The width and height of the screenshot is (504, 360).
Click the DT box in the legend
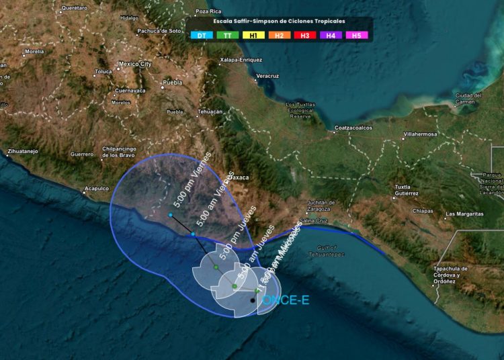point(202,35)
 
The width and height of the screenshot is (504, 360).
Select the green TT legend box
point(227,35)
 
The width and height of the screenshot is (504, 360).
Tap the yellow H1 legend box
point(253,35)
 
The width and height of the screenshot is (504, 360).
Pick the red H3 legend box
point(304,35)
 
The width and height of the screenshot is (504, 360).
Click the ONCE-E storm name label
point(286,300)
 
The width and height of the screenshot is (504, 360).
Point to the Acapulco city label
point(96,189)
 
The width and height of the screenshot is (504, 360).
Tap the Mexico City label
point(135,64)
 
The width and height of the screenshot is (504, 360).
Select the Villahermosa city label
point(420,134)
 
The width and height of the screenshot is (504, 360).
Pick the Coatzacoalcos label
point(353,128)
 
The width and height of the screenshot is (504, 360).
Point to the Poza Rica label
point(208,11)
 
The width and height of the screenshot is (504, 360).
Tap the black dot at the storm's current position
point(253,300)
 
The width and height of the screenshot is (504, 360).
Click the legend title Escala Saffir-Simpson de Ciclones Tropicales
point(279,21)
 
